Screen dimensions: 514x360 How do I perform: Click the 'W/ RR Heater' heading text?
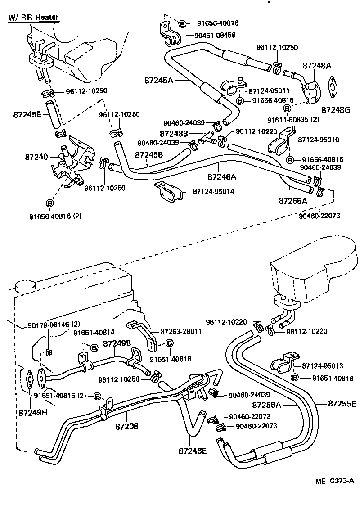click(x=33, y=18)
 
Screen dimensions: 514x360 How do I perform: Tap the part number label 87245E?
click(x=27, y=114)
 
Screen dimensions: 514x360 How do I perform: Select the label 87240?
click(x=36, y=157)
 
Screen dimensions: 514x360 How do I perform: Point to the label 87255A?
click(x=292, y=201)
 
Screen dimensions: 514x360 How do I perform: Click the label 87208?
click(x=127, y=425)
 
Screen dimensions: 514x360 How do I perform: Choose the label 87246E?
click(x=193, y=449)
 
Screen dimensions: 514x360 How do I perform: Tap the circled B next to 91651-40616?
click(x=170, y=343)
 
